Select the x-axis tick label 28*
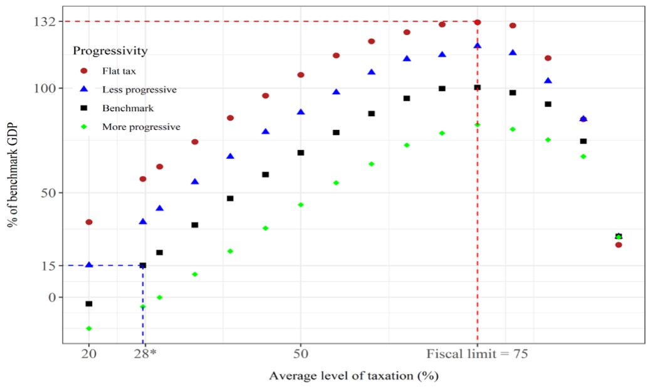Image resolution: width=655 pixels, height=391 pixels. pos(145,353)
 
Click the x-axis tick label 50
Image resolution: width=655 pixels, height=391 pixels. pos(301,353)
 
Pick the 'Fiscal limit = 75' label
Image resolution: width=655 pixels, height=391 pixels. pos(478,353)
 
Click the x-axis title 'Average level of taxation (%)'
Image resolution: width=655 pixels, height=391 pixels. pos(354,376)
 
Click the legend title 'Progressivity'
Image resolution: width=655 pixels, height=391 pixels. pos(110,50)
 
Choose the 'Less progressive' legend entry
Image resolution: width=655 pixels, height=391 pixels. pos(139,90)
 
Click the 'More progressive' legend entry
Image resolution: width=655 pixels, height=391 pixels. pos(141,127)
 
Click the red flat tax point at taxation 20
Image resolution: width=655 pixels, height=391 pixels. pos(89,222)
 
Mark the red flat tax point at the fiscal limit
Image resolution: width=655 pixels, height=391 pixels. pos(478,23)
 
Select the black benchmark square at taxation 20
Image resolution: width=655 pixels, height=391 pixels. pos(89,304)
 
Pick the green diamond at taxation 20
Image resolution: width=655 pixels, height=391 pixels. pos(89,328)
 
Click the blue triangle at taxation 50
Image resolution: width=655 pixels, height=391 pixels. pos(301,112)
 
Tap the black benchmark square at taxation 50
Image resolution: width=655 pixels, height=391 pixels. pos(301,153)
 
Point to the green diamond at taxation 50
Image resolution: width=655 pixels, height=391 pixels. pos(301,205)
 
